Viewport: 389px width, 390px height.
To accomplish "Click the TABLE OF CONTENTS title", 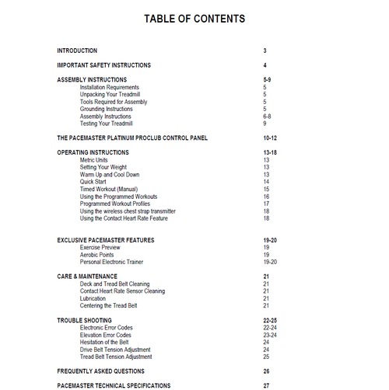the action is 194,19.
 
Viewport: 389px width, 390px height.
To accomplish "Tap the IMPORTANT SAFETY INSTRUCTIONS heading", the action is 104,65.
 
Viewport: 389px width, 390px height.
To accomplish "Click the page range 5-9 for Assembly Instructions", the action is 268,80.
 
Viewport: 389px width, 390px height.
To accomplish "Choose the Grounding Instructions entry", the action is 108,109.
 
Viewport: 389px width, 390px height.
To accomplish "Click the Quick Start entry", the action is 95,182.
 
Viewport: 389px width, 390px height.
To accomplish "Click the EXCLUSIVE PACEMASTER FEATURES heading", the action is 110,240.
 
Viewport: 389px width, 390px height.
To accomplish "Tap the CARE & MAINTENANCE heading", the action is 88,276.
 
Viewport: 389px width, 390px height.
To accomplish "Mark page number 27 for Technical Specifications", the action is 266,385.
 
